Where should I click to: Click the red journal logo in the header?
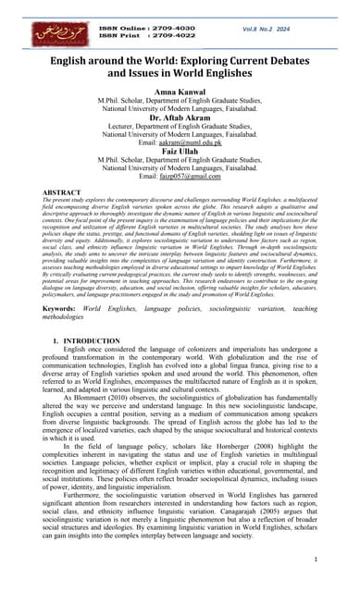46,34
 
